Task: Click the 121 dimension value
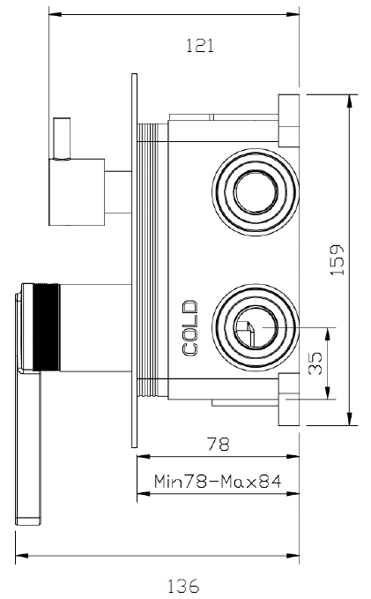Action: click(x=200, y=46)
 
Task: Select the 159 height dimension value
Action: click(x=337, y=259)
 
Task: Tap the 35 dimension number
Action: click(x=315, y=363)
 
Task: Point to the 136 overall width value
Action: click(x=183, y=586)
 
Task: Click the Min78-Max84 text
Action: click(x=218, y=482)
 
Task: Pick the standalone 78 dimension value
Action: click(x=219, y=444)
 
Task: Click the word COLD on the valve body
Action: click(x=190, y=328)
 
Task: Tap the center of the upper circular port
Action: click(x=256, y=191)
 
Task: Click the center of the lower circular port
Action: click(x=256, y=327)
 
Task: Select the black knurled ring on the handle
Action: click(x=46, y=327)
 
